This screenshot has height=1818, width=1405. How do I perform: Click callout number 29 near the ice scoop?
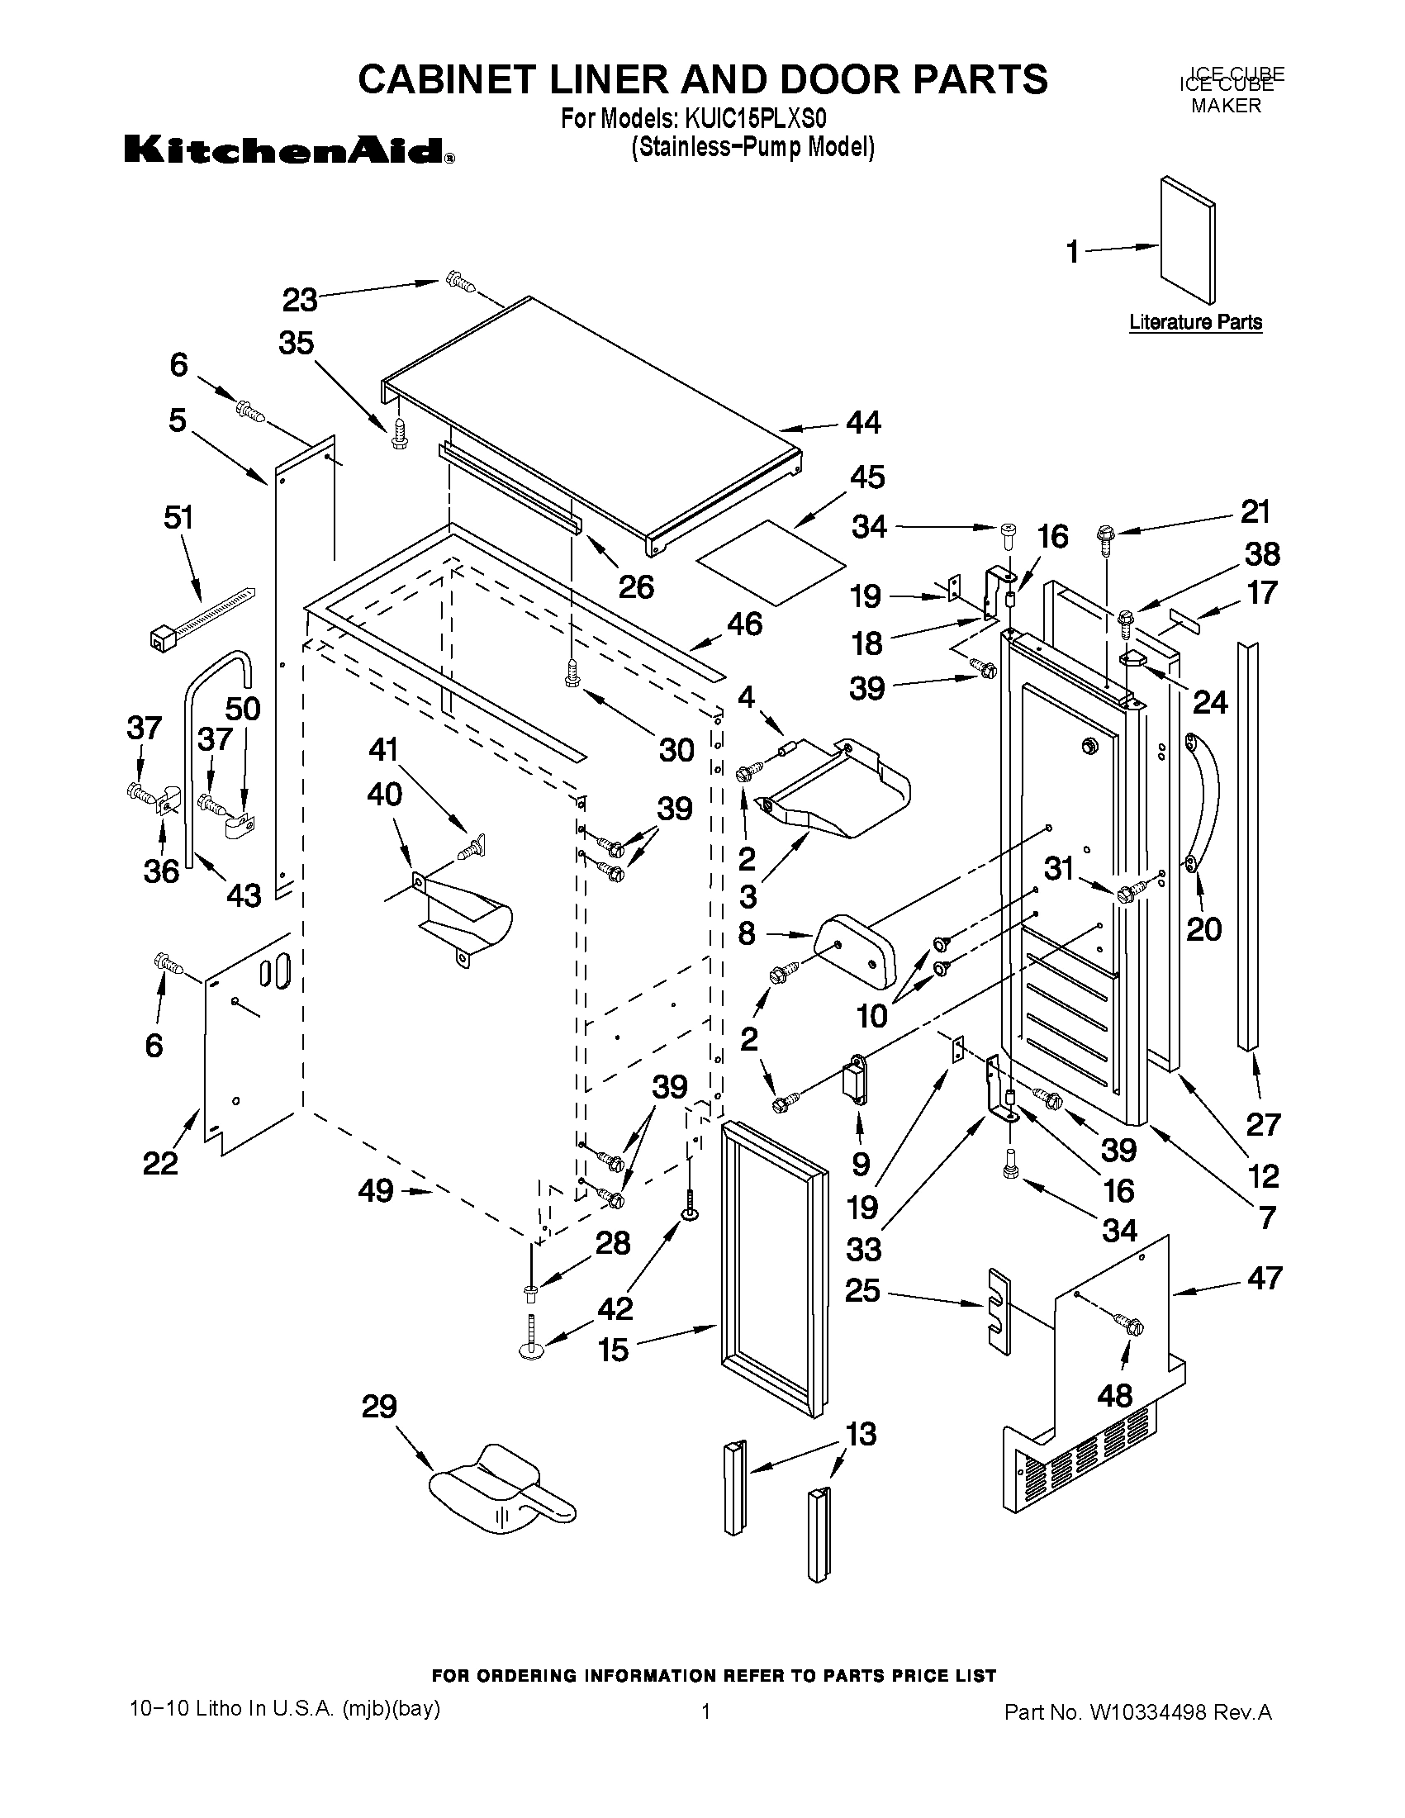coord(379,1407)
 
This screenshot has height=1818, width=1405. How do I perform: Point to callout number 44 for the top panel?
coord(863,423)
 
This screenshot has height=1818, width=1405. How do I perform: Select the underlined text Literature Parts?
coord(1195,322)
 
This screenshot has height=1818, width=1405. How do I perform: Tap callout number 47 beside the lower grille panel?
coord(1264,1278)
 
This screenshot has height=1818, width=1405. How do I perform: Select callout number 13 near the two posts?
coord(862,1434)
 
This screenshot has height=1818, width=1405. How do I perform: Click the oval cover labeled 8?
coord(857,949)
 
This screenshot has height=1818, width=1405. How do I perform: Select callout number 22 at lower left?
coord(159,1163)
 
